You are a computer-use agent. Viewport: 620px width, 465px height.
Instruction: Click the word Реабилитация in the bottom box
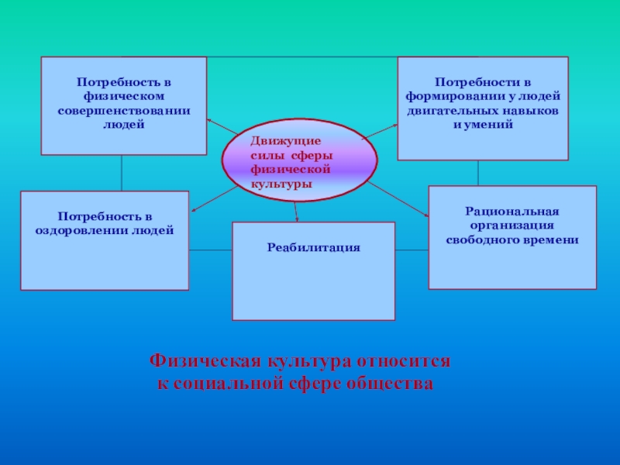[314, 247]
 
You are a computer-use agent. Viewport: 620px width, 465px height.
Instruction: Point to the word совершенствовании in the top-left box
[123, 111]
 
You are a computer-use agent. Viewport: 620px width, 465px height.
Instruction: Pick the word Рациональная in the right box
[512, 212]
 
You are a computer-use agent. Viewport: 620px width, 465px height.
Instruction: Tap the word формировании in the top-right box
[449, 96]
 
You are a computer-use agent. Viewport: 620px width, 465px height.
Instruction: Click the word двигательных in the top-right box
[450, 110]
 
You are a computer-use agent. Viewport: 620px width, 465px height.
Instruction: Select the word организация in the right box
[512, 226]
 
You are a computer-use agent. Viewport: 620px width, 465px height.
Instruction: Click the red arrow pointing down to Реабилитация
[295, 208]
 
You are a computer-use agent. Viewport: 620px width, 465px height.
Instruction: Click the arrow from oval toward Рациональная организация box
[399, 201]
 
